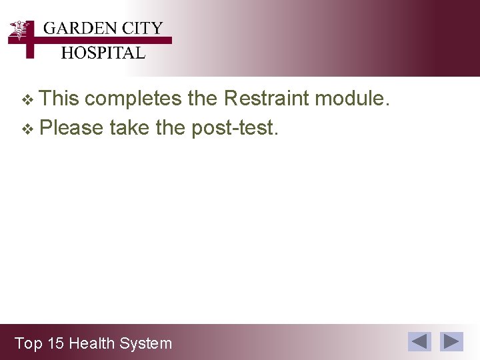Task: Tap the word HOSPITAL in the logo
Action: point(103,53)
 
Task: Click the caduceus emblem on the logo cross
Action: point(21,31)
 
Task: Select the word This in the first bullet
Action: point(59,99)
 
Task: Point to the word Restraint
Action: point(267,99)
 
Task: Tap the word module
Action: point(351,99)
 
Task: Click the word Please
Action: point(71,127)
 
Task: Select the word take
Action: point(129,127)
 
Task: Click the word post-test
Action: point(234,127)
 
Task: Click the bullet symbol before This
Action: point(27,100)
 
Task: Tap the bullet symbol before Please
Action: point(27,129)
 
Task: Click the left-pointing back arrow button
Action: point(419,341)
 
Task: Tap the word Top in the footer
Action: point(28,344)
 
